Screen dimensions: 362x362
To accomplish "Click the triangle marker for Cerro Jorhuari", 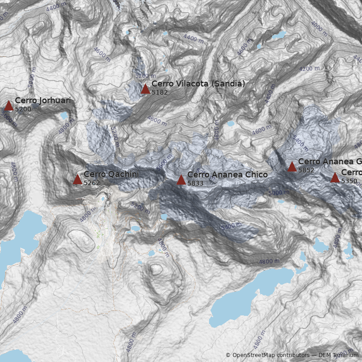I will click(9, 106).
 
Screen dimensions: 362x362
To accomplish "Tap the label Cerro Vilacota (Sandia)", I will click(198, 84).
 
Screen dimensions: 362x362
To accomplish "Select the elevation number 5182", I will click(159, 92).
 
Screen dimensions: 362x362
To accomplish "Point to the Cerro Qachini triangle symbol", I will click(77, 180).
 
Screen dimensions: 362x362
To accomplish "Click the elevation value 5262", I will click(91, 183).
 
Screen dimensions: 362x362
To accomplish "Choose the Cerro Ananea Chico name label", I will click(227, 175).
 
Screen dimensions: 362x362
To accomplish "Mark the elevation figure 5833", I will click(195, 183).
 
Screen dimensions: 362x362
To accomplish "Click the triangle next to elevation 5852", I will click(292, 167).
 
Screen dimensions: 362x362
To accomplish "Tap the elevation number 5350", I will click(349, 181).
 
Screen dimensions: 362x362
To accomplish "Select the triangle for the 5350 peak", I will click(335, 178).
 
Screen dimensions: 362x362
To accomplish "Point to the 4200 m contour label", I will click(310, 69).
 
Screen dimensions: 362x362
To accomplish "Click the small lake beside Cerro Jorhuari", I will click(63, 116).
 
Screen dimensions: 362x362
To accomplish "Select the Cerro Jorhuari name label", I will click(43, 100).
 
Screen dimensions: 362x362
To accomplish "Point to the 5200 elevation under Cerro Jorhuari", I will click(23, 109).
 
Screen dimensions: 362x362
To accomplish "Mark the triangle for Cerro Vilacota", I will click(145, 89).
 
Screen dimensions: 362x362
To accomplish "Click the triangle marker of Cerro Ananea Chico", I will click(181, 180).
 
